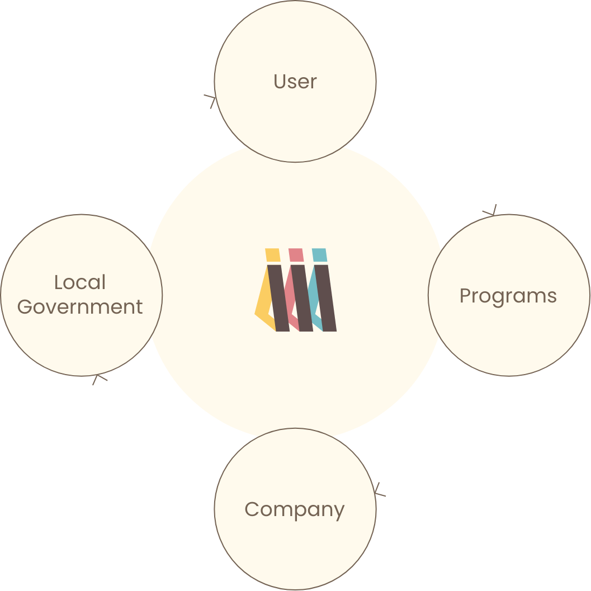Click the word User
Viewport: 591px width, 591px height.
pyautogui.click(x=295, y=82)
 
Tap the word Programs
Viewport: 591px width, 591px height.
pyautogui.click(x=508, y=296)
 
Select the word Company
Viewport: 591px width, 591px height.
pyautogui.click(x=294, y=510)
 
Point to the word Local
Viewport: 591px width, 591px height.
pyautogui.click(x=80, y=282)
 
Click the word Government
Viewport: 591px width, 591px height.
pyautogui.click(x=80, y=307)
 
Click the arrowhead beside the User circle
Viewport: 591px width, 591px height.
pyautogui.click(x=211, y=101)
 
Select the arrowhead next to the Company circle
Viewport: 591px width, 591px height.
pyautogui.click(x=380, y=490)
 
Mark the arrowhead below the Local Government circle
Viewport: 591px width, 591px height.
pyautogui.click(x=99, y=379)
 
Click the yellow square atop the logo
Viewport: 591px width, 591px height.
pyautogui.click(x=272, y=255)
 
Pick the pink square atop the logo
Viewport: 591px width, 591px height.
pyautogui.click(x=296, y=255)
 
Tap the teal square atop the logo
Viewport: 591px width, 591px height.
pyautogui.click(x=319, y=255)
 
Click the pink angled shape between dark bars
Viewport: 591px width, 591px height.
pyautogui.click(x=289, y=296)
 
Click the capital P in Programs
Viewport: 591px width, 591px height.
pyautogui.click(x=465, y=296)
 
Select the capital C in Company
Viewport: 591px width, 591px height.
pyautogui.click(x=252, y=509)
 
